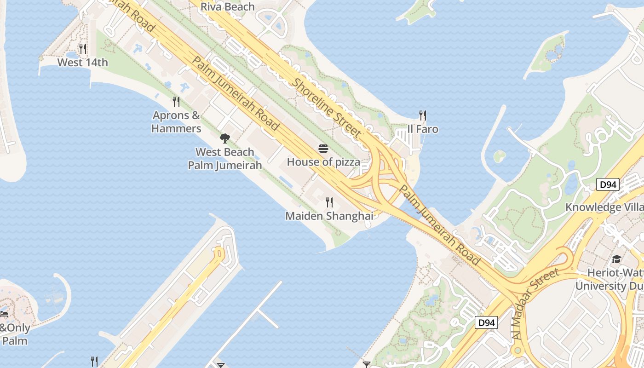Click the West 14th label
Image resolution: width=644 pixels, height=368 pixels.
point(82,63)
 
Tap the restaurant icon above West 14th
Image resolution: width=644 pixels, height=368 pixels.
point(82,48)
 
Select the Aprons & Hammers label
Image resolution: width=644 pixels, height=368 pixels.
point(176,122)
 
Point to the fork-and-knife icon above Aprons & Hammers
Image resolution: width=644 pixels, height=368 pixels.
point(176,101)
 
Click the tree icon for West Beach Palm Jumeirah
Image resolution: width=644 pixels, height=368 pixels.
point(225,138)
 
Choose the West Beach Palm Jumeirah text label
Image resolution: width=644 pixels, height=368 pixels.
point(225,159)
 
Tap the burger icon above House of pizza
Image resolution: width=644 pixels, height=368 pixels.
point(323,149)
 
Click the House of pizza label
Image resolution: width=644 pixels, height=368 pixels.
point(323,162)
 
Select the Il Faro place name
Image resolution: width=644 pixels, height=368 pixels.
point(423,129)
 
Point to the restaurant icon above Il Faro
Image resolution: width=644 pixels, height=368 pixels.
point(423,115)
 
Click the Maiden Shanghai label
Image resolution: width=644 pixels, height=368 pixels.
point(329,216)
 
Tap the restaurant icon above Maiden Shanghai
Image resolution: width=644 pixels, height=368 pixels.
point(329,202)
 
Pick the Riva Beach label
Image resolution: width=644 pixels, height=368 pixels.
point(228,6)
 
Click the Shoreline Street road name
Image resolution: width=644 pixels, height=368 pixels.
point(327,108)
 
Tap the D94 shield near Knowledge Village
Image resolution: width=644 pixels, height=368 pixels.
point(608,185)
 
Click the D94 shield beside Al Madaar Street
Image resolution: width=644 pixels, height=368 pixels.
point(486,322)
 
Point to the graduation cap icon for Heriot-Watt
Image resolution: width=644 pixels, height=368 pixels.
point(616,259)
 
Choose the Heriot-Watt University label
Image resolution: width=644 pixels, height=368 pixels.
point(609,279)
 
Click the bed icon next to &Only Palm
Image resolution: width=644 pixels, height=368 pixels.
point(4,315)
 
